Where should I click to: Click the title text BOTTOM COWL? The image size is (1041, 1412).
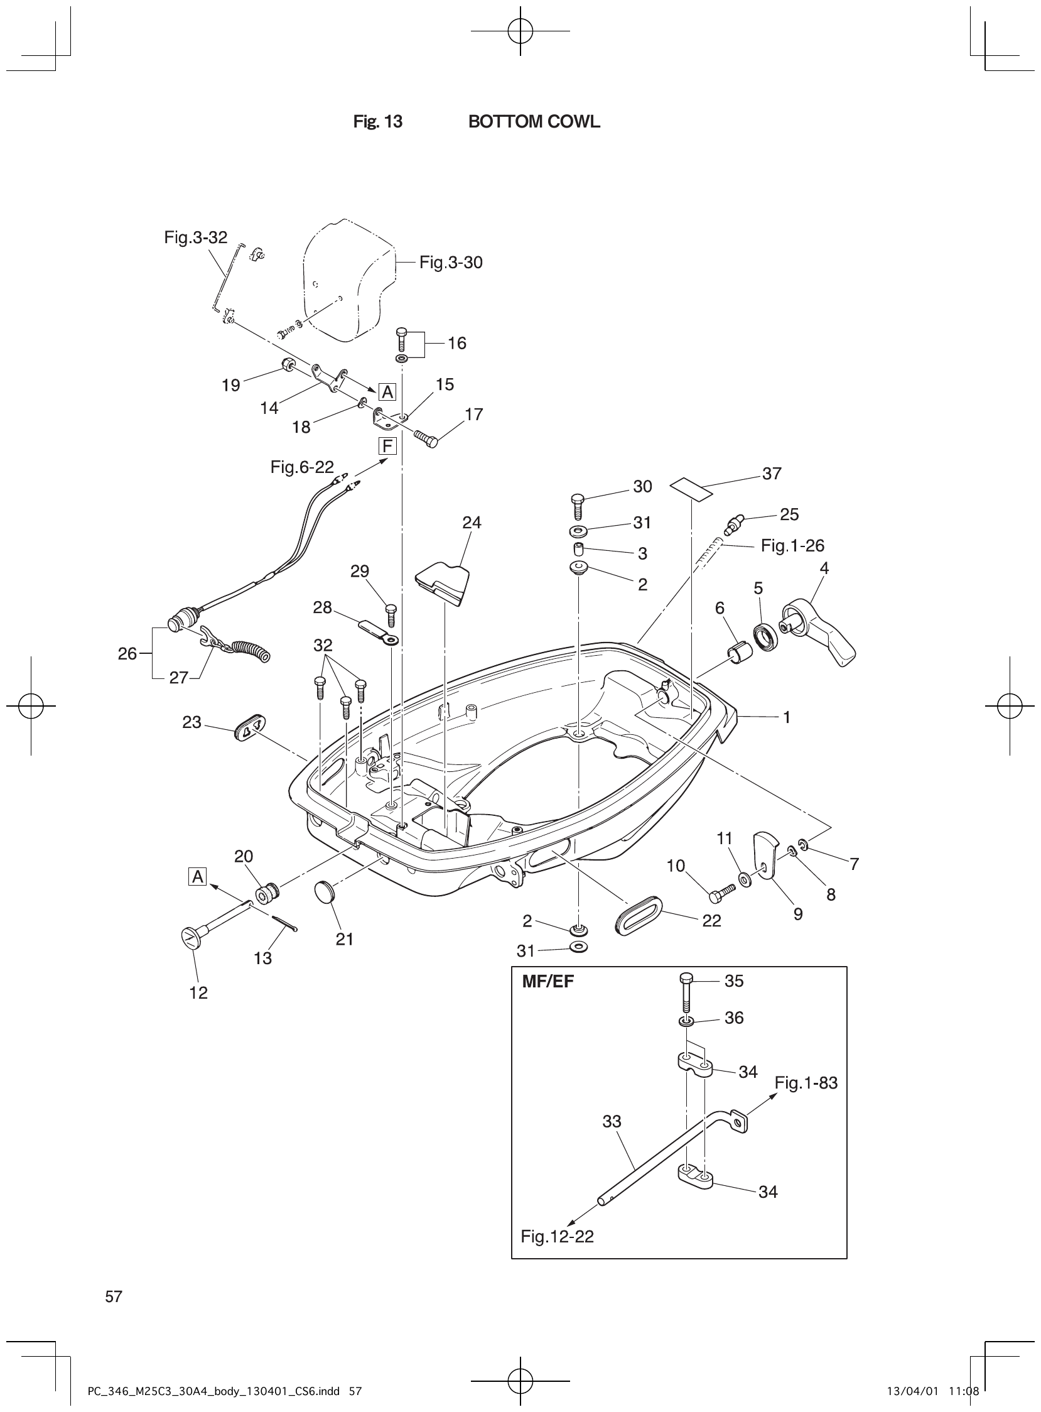(534, 122)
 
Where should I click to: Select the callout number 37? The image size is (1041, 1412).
(771, 474)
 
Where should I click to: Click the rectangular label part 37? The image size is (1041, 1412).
(691, 489)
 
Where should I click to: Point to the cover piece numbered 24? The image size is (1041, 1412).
(444, 582)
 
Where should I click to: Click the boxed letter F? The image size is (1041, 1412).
(386, 447)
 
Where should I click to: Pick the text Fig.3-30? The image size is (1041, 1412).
(451, 262)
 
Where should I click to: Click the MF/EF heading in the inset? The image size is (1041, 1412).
(548, 982)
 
